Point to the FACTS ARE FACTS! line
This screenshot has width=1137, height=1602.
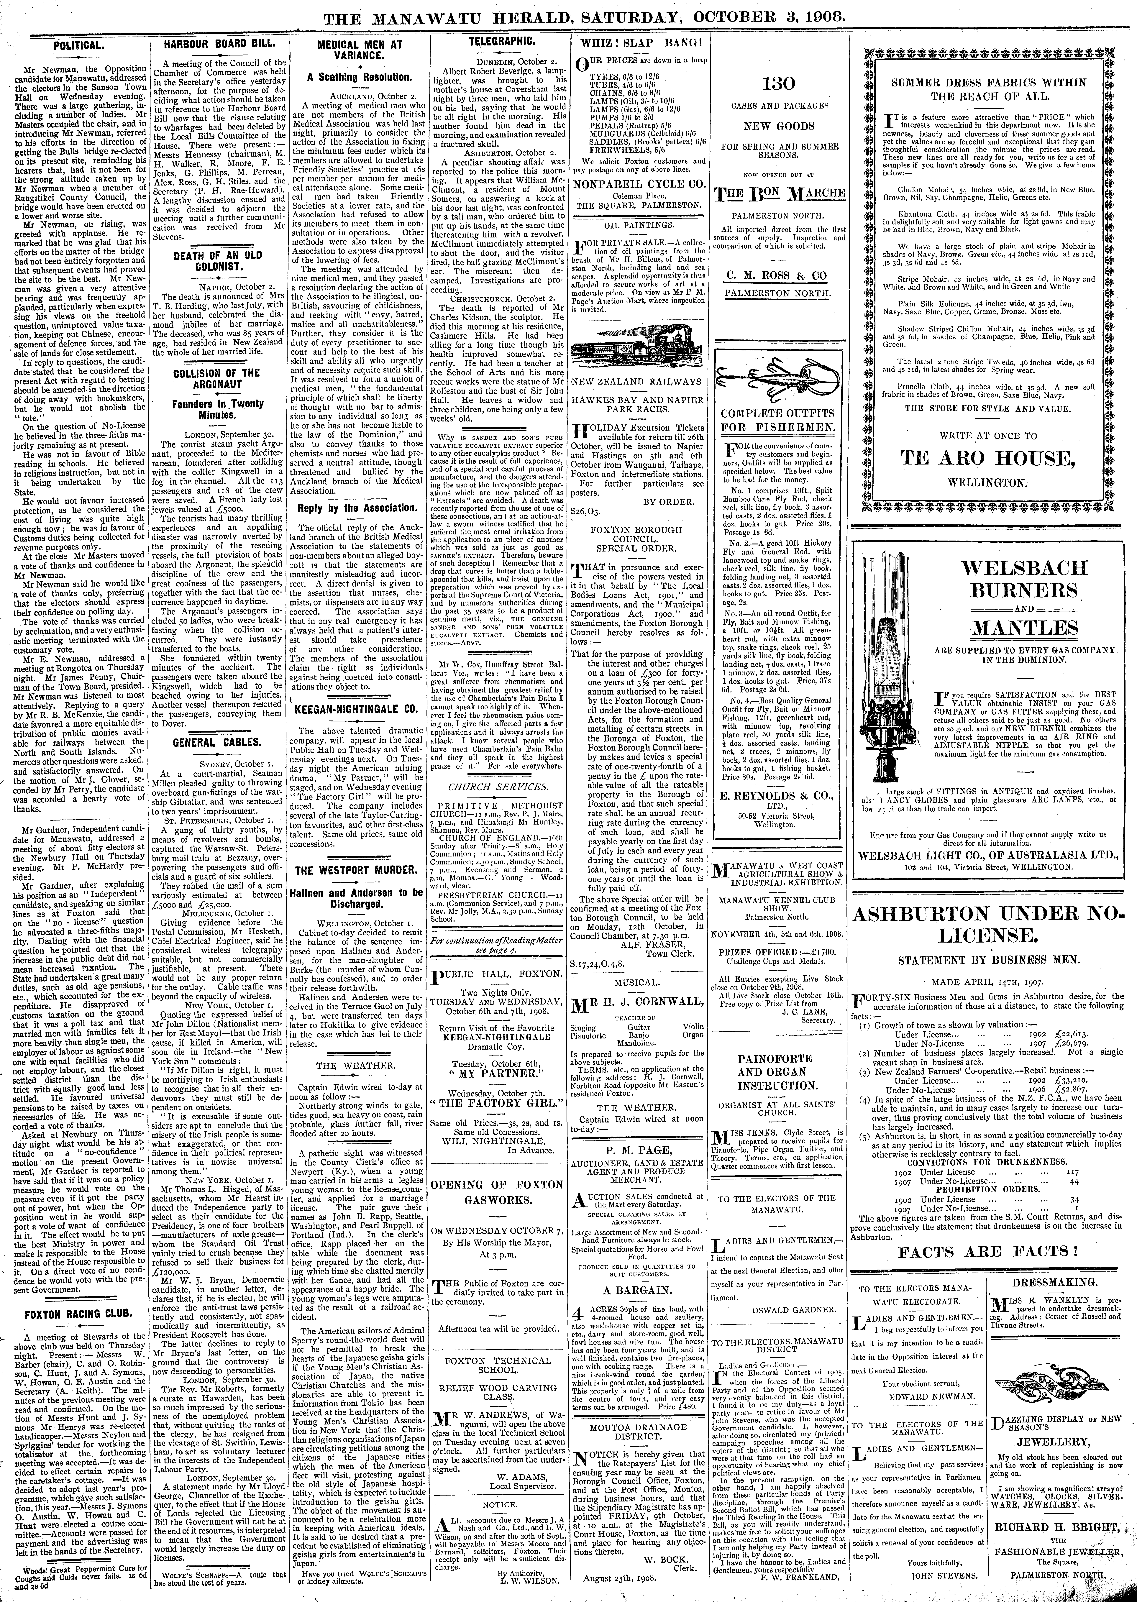tap(989, 1251)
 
